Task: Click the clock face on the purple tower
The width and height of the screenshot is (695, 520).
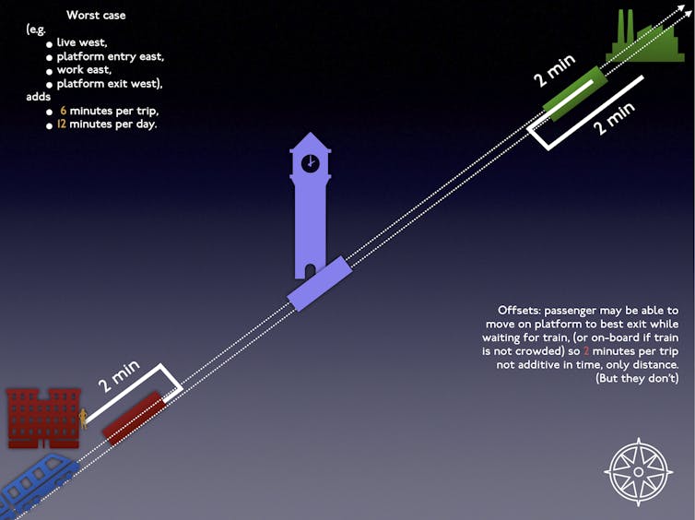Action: click(311, 163)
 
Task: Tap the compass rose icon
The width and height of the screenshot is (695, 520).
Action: click(638, 472)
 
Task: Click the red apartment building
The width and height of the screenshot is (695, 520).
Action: click(43, 418)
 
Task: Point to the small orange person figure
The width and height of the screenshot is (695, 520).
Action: click(83, 419)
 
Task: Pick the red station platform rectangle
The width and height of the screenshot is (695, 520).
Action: click(135, 418)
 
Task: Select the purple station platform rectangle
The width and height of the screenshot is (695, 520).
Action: click(320, 283)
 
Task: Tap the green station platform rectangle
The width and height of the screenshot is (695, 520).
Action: click(575, 93)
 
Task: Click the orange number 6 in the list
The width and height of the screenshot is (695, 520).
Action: click(63, 111)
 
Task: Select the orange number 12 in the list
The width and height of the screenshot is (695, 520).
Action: click(61, 124)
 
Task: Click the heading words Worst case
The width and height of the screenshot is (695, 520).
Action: click(96, 15)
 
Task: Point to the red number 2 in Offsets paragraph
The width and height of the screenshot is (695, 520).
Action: click(586, 351)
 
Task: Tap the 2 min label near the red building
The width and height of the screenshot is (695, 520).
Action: click(119, 376)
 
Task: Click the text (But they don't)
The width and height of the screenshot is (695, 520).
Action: click(637, 378)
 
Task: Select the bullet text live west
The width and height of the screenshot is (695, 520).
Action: click(82, 42)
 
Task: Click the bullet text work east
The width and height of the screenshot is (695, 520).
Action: click(84, 70)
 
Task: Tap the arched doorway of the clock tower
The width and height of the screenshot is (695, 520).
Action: click(311, 271)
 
